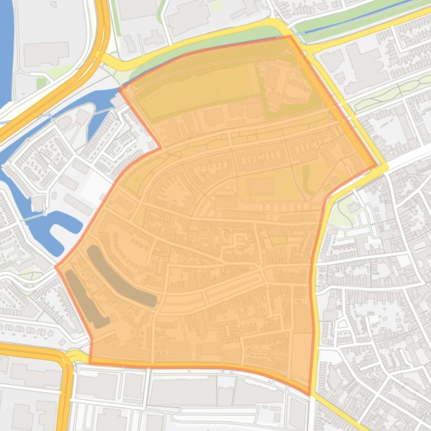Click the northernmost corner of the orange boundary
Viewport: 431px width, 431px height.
point(290,36)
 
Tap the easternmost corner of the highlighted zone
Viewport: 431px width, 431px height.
point(377,166)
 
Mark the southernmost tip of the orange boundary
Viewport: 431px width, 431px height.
point(309,395)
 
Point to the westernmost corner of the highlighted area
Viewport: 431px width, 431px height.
point(56,266)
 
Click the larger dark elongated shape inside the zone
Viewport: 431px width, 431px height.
point(121,276)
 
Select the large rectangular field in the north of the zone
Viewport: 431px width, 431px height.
point(196,90)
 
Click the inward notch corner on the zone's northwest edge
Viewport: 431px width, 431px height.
point(161,148)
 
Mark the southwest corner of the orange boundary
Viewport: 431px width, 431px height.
point(90,363)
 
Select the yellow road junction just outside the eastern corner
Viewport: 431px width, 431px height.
point(384,167)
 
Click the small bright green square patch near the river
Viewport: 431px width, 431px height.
point(42,83)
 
